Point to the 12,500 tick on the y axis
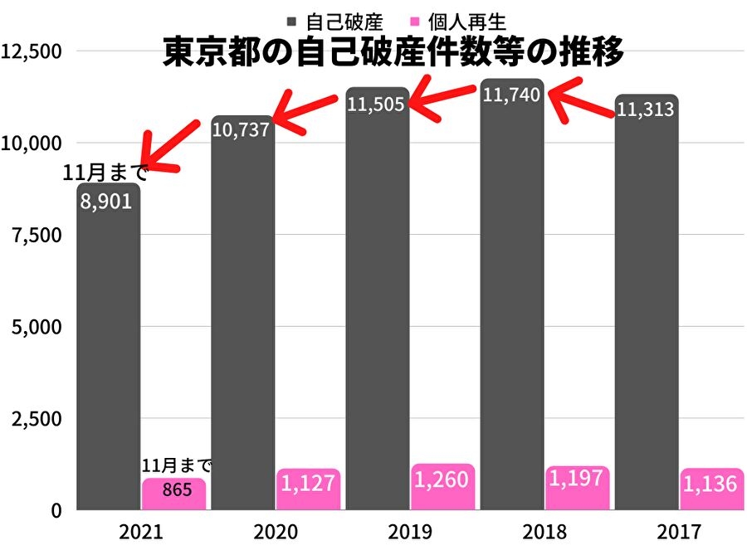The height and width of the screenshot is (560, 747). tap(32, 51)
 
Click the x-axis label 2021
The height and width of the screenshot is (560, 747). tap(140, 531)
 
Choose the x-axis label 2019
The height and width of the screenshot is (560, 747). tap(410, 531)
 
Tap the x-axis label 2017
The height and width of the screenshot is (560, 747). tap(679, 531)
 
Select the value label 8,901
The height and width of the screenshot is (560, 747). tap(105, 202)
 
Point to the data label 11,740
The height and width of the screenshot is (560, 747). tap(511, 95)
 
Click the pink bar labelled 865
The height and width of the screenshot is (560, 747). tap(173, 494)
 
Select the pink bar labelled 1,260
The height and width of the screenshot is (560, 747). tap(442, 487)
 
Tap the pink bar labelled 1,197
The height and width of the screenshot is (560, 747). tap(578, 489)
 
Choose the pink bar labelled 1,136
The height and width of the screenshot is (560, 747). tap(712, 489)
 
